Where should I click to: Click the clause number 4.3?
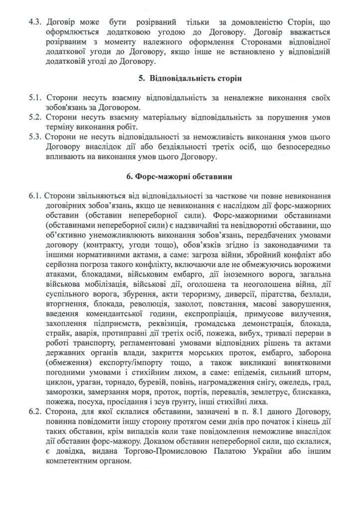(x=37, y=23)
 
